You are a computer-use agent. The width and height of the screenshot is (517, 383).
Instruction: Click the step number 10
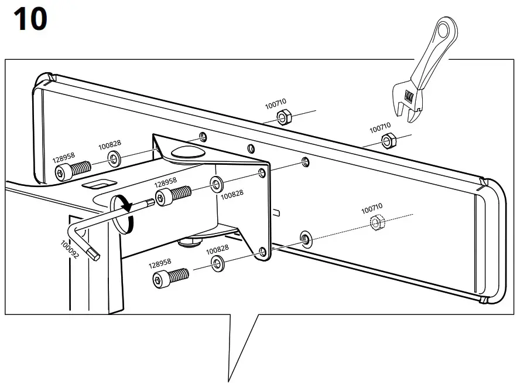[29, 20]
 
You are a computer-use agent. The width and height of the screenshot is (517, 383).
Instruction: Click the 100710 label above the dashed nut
[371, 208]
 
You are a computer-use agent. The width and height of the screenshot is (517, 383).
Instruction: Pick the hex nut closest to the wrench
[387, 140]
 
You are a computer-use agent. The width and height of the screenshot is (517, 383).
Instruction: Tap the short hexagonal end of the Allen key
[94, 253]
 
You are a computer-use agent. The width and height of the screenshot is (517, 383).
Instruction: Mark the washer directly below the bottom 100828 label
[218, 263]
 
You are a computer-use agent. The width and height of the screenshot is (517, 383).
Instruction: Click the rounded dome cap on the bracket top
[185, 152]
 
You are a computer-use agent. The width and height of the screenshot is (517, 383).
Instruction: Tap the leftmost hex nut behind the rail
[282, 118]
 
